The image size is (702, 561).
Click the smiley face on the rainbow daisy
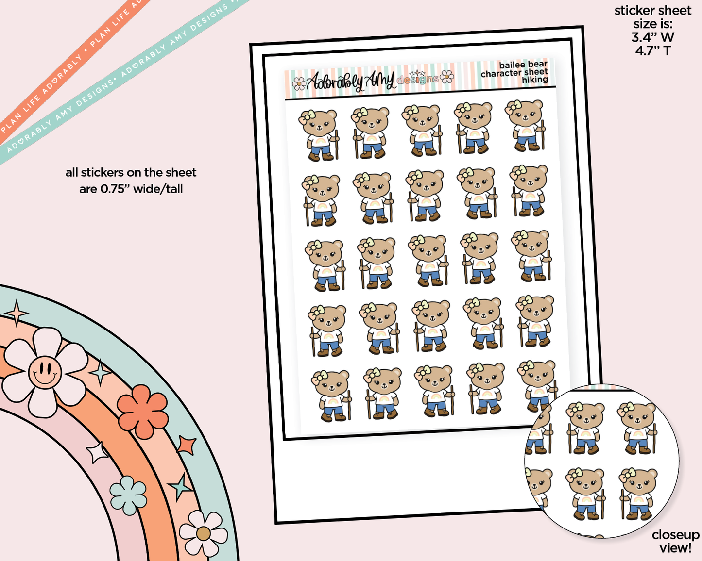point(45,372)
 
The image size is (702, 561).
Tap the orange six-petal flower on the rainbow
point(143,412)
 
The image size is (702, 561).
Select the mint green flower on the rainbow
point(128,495)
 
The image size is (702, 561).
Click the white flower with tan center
point(203,533)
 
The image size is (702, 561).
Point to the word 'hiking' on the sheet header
point(535,80)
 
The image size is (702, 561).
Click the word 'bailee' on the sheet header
point(512,65)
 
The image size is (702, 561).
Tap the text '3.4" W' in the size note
point(652,37)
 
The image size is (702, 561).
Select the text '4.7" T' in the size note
point(652,50)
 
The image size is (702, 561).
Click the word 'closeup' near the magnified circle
point(675,535)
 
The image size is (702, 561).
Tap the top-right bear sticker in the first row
point(526,125)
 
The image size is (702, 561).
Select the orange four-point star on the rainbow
point(187,445)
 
